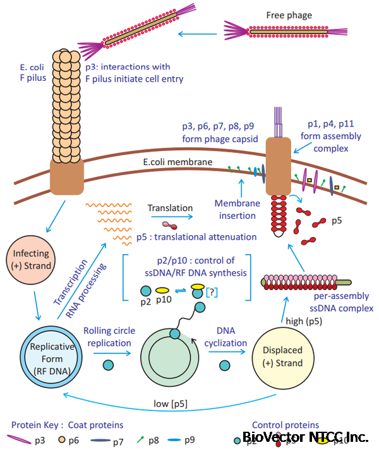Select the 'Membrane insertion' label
point(234,210)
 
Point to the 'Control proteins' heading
point(286,425)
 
